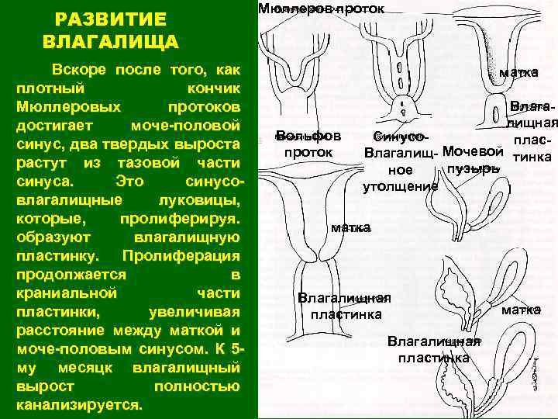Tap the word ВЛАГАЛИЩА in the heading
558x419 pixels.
tap(111, 41)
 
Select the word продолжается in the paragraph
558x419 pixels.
tap(71, 274)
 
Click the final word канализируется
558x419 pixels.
tap(79, 405)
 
